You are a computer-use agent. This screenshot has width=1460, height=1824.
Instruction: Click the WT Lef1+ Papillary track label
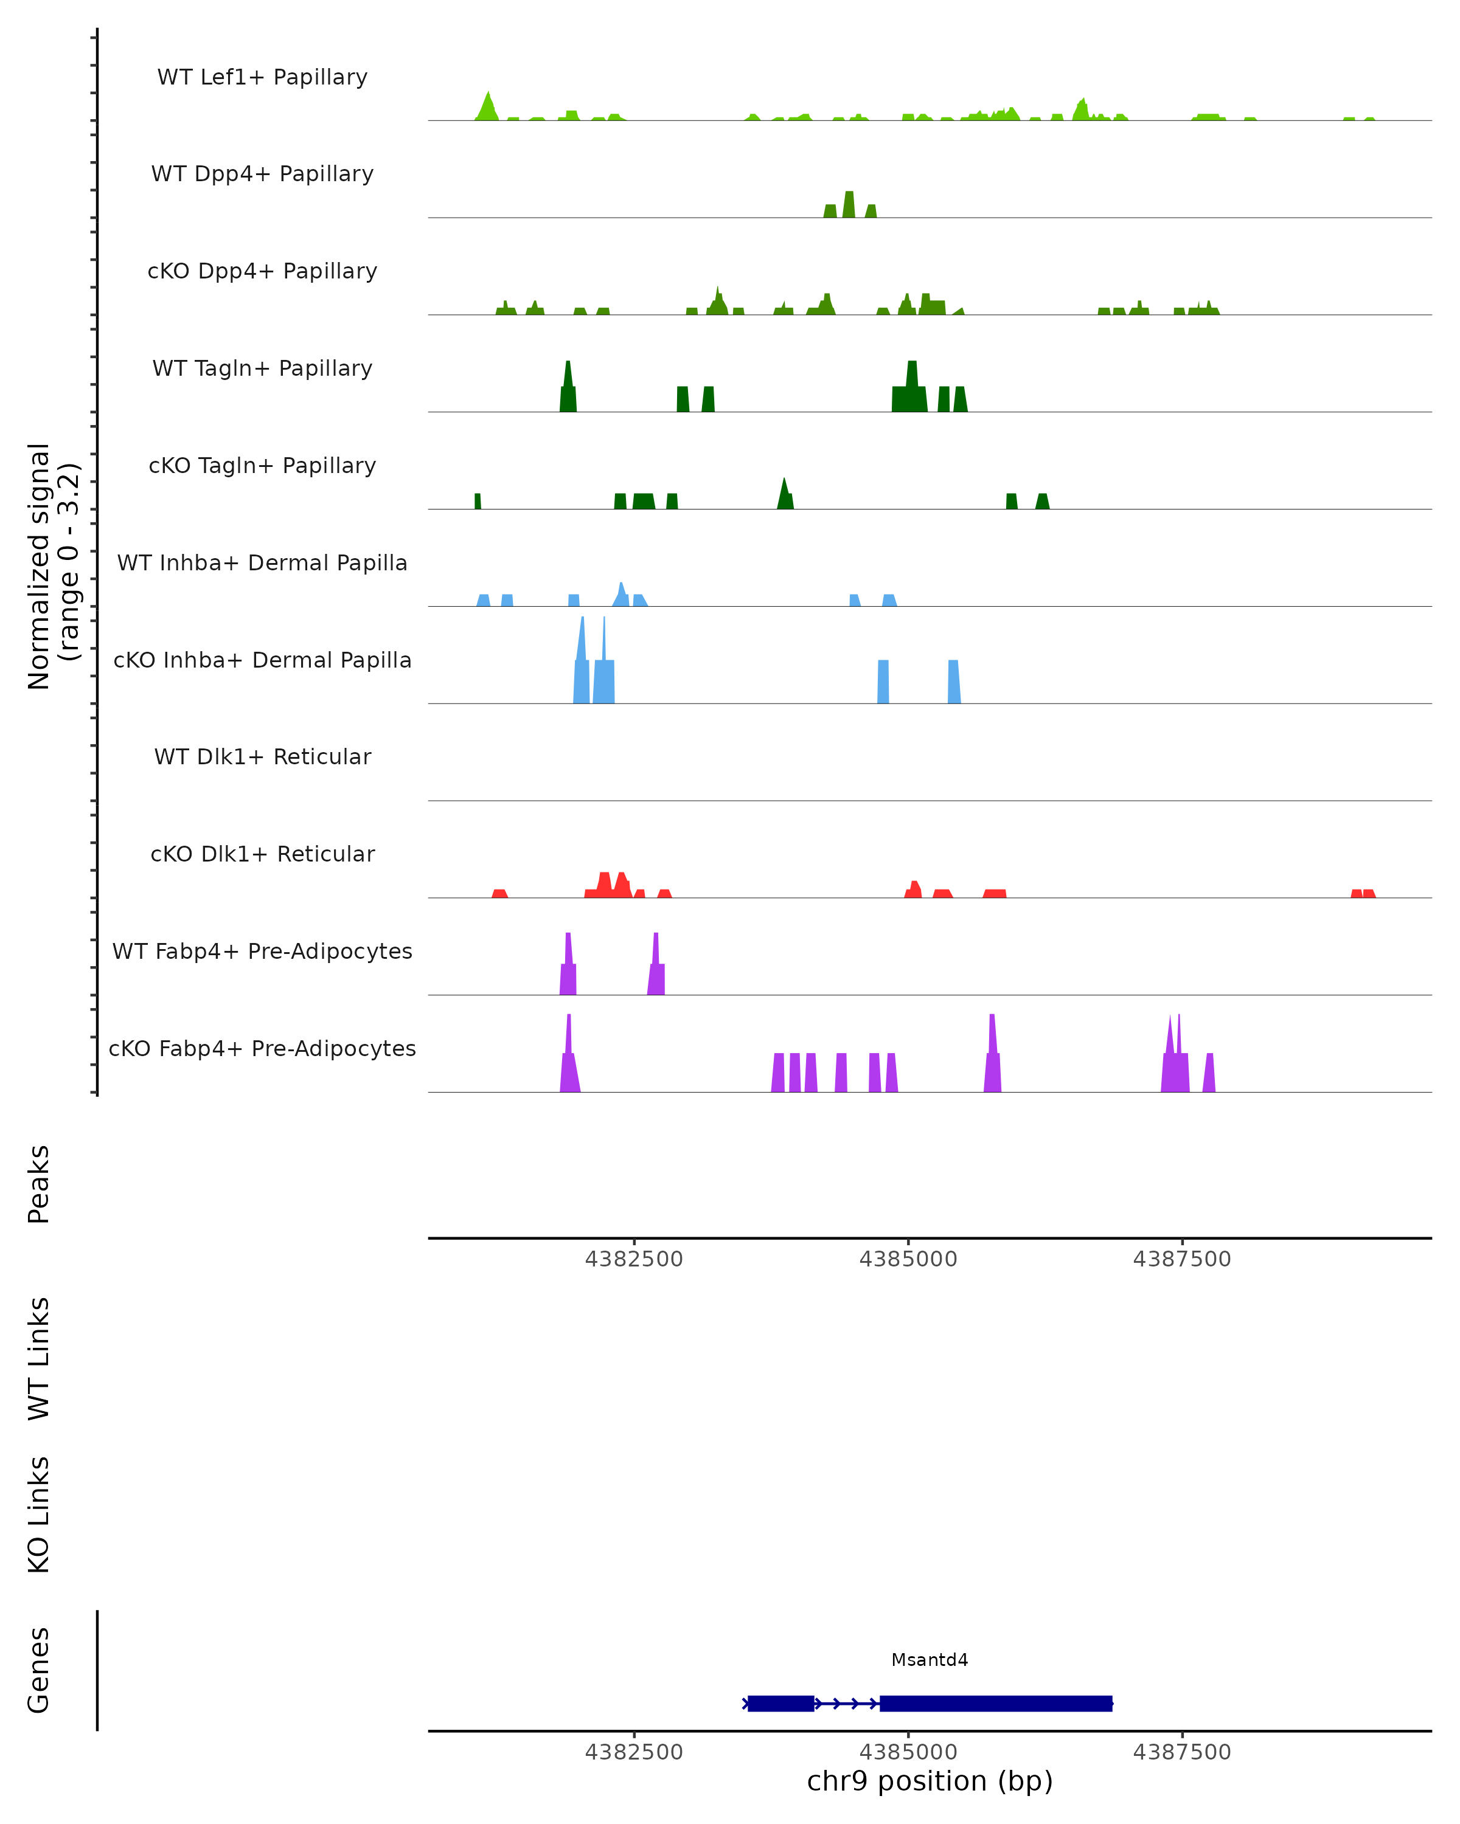click(x=262, y=77)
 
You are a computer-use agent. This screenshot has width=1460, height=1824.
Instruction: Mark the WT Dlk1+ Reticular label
click(x=262, y=756)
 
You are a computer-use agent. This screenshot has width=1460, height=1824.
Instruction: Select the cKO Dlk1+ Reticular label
click(x=262, y=854)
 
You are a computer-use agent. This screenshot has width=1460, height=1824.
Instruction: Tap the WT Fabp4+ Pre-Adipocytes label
click(x=262, y=951)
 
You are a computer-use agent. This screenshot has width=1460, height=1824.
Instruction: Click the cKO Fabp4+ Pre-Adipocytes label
click(x=262, y=1048)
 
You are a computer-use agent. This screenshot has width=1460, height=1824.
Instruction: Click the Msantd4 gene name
click(x=930, y=1660)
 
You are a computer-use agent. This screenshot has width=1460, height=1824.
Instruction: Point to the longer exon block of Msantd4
click(x=995, y=1703)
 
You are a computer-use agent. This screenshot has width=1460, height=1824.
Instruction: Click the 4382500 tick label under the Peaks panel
click(x=634, y=1259)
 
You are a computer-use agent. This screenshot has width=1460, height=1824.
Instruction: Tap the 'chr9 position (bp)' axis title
click(x=930, y=1781)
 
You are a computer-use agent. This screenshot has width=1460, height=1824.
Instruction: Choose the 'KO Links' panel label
click(x=39, y=1515)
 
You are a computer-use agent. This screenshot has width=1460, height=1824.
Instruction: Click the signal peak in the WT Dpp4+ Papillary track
click(x=849, y=206)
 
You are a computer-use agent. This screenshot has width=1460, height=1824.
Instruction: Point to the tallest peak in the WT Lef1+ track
click(x=488, y=105)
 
